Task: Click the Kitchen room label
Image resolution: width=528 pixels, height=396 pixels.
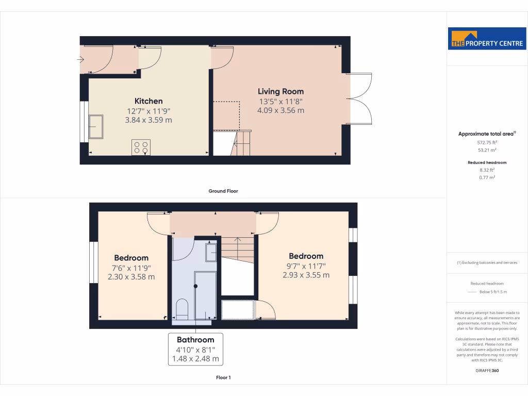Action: [x=148, y=101]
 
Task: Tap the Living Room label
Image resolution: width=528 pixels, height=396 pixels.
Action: [x=280, y=91]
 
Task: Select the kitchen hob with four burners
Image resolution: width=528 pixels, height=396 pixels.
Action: [x=141, y=147]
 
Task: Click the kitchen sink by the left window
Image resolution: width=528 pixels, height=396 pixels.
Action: [x=96, y=127]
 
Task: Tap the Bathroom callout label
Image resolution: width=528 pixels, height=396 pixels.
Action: [x=195, y=340]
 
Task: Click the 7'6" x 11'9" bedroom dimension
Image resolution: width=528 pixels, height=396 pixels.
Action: [x=131, y=268]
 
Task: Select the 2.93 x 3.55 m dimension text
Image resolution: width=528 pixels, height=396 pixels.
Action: [x=306, y=275]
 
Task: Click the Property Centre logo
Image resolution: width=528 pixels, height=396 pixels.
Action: [x=487, y=39]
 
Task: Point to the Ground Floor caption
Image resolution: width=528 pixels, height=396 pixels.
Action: [x=223, y=191]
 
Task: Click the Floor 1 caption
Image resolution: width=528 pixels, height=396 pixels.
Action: [x=223, y=378]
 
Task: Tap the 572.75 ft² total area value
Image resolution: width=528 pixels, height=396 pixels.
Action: [x=487, y=142]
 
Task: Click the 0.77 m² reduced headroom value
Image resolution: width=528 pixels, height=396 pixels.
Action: [x=487, y=177]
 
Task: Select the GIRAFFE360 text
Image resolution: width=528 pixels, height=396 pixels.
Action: [x=487, y=370]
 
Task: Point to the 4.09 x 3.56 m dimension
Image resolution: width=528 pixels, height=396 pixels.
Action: [x=280, y=110]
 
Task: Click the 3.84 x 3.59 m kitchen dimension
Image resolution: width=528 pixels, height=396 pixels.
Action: [x=148, y=120]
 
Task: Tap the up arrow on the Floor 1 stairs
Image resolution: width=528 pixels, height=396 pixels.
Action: [x=238, y=239]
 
